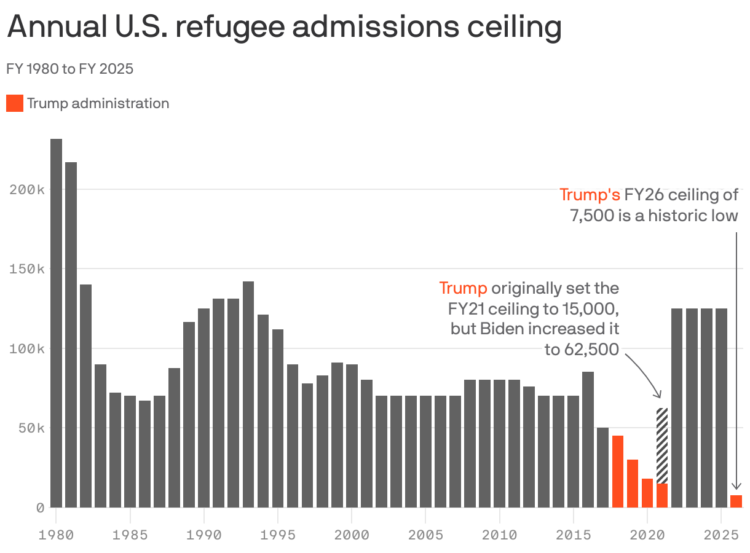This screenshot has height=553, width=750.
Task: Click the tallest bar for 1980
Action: pos(56,323)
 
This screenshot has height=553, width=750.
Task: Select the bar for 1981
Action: pos(71,335)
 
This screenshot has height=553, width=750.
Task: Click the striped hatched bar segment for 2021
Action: pos(662,445)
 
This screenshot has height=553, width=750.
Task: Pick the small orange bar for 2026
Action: pos(736,501)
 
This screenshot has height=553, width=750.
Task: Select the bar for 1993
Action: pos(248,394)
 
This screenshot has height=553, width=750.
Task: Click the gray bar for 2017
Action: pos(602,467)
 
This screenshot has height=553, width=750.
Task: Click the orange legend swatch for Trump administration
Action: pos(15,103)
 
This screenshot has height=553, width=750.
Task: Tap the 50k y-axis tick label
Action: pos(31,428)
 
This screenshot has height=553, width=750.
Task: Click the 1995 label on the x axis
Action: pos(278,535)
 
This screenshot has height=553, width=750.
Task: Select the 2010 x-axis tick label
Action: pos(499,535)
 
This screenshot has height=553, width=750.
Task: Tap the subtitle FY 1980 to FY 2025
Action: pos(69,69)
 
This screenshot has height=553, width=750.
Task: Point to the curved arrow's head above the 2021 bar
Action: pos(658,394)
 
